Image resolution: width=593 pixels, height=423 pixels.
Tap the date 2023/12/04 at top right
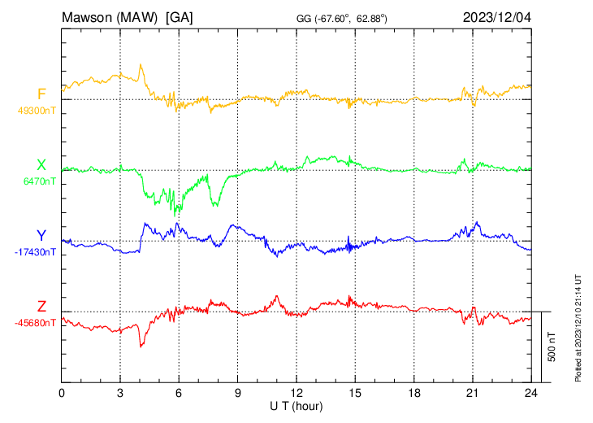[x=496, y=17]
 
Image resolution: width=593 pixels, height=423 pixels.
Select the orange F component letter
[x=41, y=94]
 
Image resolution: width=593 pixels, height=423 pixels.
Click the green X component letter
[x=41, y=165]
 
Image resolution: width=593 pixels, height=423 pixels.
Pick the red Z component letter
[x=41, y=307]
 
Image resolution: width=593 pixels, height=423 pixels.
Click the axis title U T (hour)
[x=296, y=405]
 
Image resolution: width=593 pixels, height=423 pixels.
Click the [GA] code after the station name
[x=179, y=17]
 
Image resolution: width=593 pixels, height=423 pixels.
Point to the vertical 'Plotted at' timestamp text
[x=579, y=325]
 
